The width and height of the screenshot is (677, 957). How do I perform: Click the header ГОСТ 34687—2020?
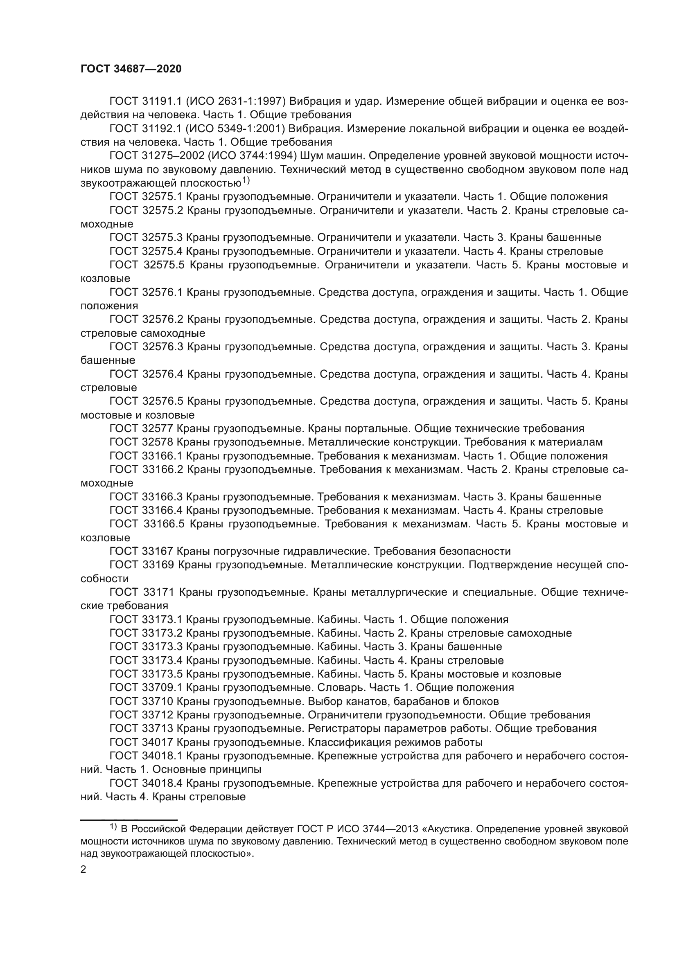click(131, 69)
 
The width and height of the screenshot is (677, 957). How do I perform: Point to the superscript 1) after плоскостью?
click(246, 181)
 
